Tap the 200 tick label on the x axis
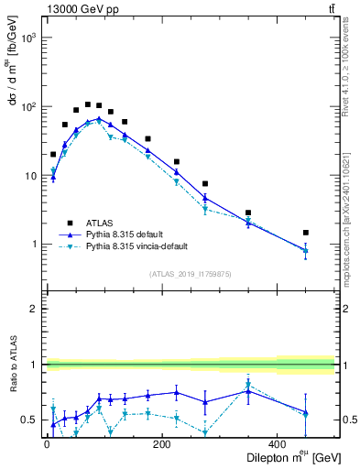pos(161,444)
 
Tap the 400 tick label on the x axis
pos(277,444)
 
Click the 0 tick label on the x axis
pos(47,444)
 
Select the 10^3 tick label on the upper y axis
pos(28,38)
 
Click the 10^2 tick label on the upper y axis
pos(28,107)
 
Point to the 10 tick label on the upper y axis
pos(30,176)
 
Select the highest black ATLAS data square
pos(88,104)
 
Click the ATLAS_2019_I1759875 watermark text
pos(190,273)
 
